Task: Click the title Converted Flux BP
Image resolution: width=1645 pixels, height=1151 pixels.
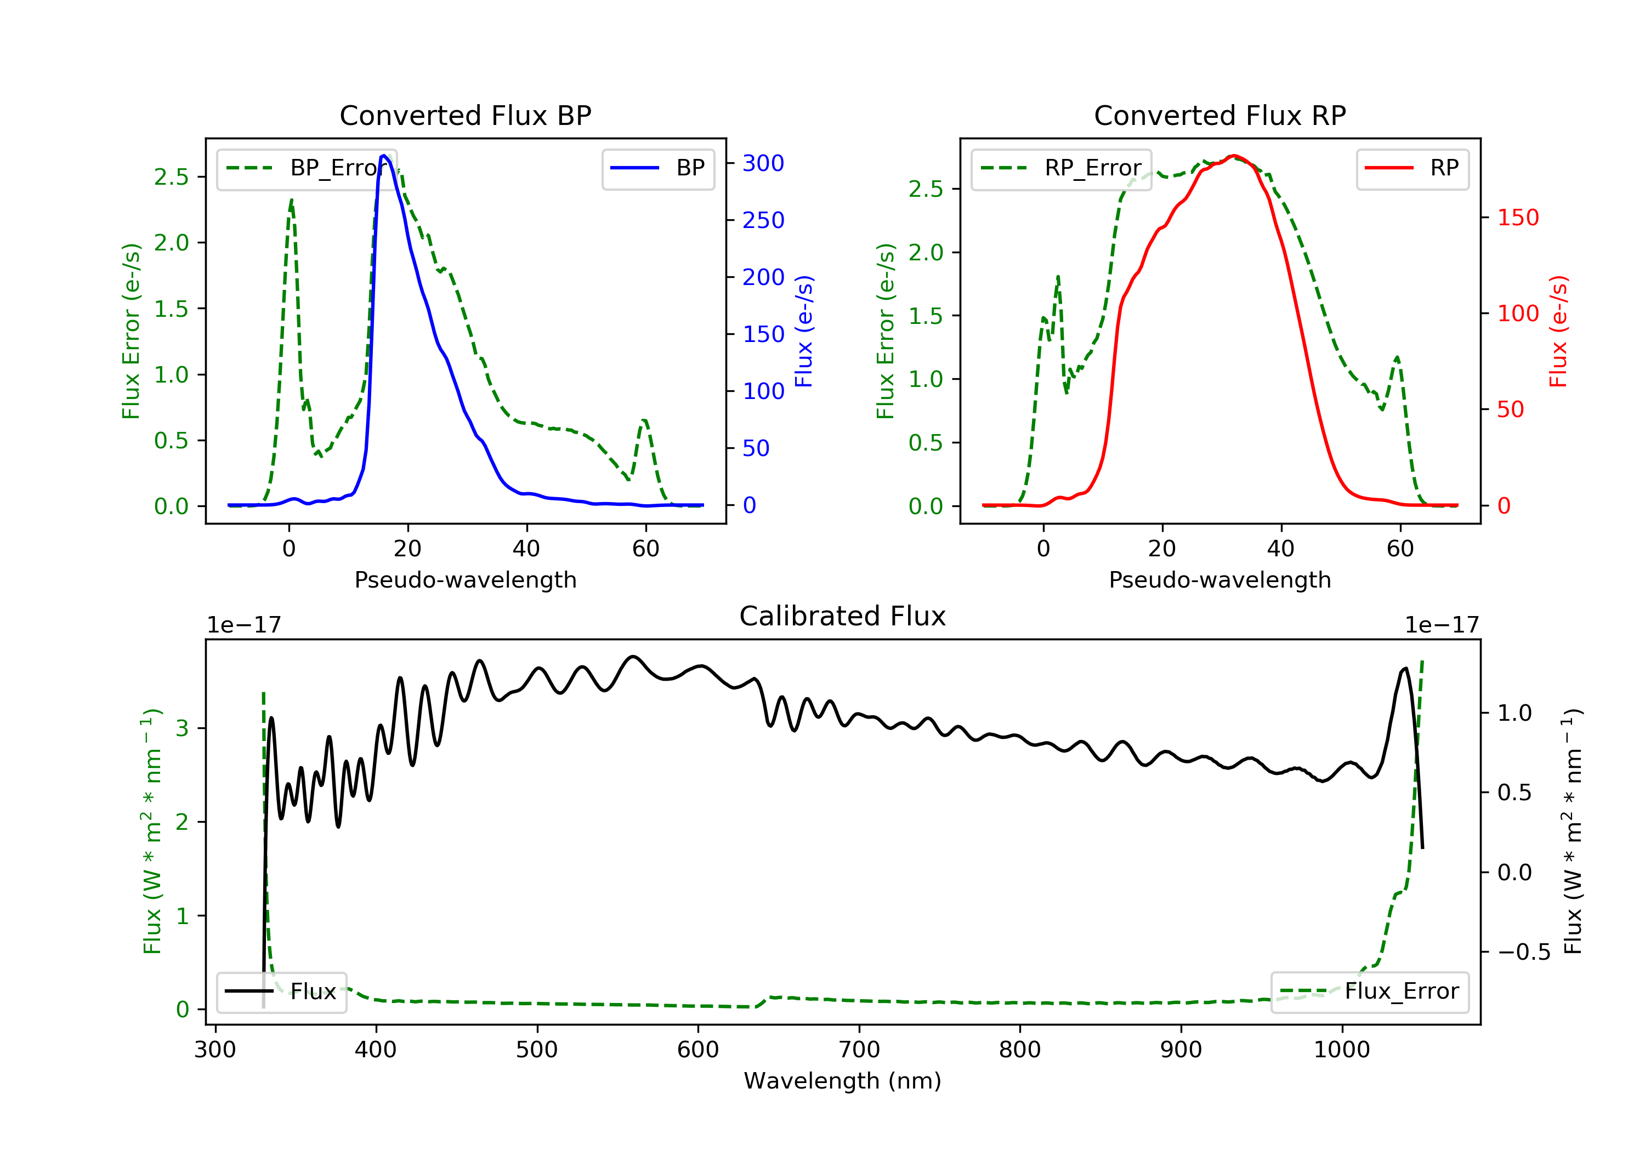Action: (465, 115)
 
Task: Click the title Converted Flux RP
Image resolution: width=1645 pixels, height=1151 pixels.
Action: (1219, 115)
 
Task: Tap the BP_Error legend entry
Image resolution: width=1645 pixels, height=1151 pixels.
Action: (307, 168)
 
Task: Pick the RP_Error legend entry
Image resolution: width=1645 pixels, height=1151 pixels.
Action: (1061, 168)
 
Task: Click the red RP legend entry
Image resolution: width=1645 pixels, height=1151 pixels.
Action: (1412, 168)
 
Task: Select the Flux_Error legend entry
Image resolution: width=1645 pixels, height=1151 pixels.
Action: (1369, 992)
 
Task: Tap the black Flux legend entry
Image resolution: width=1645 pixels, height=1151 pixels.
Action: (281, 992)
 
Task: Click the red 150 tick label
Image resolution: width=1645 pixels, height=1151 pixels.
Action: (1517, 217)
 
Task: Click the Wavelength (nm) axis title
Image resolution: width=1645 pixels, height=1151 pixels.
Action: (843, 1080)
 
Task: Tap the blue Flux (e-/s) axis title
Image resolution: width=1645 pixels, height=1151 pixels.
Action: (804, 331)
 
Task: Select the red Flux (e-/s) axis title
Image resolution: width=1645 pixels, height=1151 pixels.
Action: (1558, 331)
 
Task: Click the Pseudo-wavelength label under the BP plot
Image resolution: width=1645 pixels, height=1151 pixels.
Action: (466, 579)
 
